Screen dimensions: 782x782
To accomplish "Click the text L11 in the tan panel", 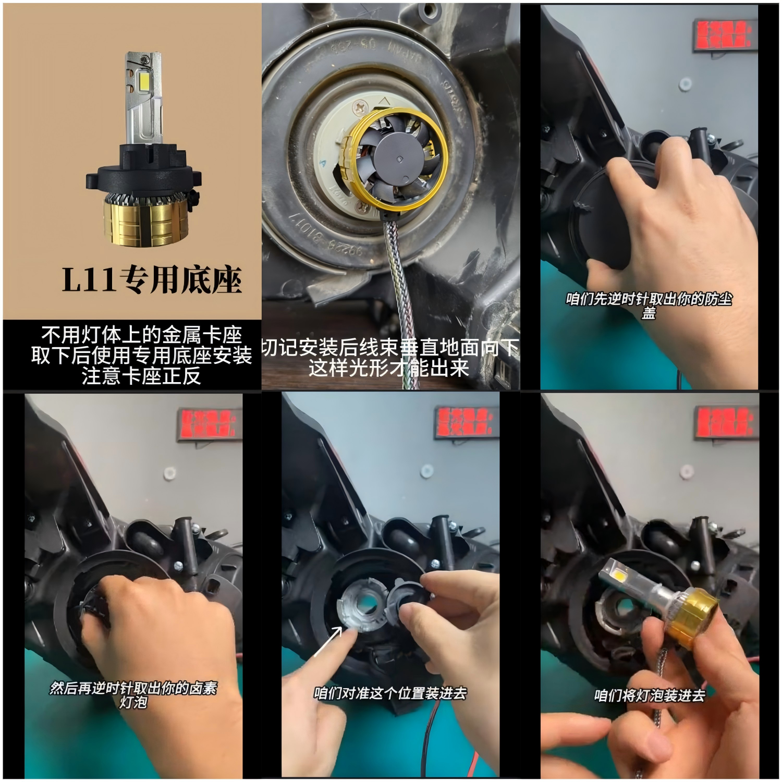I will (89, 280).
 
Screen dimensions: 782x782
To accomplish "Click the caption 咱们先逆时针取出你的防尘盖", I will (649, 306).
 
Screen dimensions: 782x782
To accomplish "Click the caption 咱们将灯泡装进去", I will (650, 695).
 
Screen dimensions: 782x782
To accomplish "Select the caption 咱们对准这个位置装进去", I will (390, 693).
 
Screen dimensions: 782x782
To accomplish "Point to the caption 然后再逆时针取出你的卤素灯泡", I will (133, 695).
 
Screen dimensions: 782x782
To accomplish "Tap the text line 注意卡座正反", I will (141, 376).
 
